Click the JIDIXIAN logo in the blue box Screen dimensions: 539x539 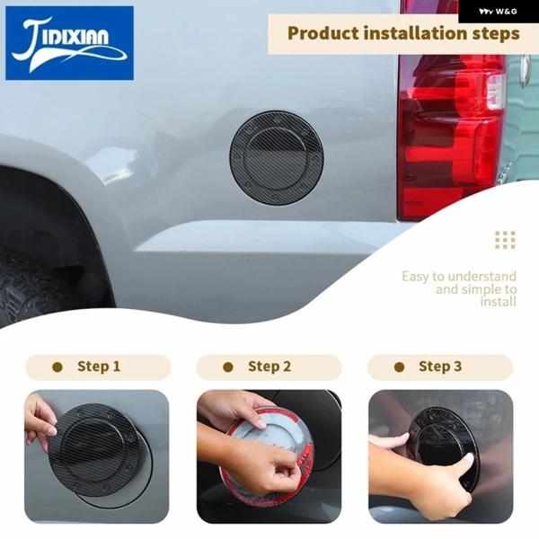point(69,43)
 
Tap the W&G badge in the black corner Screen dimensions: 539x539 point(499,12)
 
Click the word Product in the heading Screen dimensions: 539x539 point(323,34)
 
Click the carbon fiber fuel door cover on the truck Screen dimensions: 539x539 point(277,158)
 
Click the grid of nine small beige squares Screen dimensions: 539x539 point(505,240)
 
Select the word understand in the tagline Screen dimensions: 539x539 point(482,276)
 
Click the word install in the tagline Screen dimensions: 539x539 point(498,302)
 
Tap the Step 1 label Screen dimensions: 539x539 point(99,367)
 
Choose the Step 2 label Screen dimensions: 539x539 point(269,367)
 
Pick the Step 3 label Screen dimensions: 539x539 point(440,367)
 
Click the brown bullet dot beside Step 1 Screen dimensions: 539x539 point(57,367)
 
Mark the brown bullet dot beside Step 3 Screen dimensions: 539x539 point(399,367)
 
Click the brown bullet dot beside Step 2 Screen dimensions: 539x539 point(228,367)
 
